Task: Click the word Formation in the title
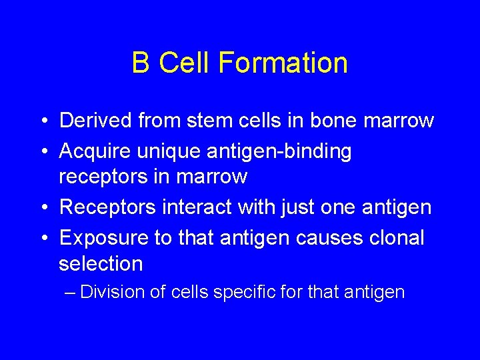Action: pyautogui.click(x=283, y=63)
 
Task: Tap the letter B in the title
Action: pyautogui.click(x=141, y=63)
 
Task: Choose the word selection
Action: pyautogui.click(x=101, y=263)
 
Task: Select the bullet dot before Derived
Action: pyautogui.click(x=42, y=121)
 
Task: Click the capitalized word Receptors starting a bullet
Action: pyautogui.click(x=107, y=207)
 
